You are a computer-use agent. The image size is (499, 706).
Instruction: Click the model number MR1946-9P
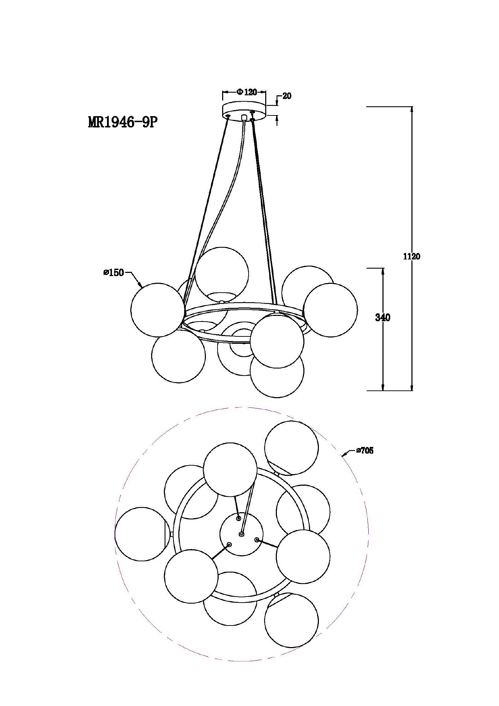pyautogui.click(x=122, y=122)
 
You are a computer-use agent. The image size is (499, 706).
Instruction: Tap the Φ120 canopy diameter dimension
pyautogui.click(x=246, y=92)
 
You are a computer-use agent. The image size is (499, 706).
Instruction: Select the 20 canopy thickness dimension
pyautogui.click(x=287, y=96)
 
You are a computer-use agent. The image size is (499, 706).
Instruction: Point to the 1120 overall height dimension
pyautogui.click(x=411, y=257)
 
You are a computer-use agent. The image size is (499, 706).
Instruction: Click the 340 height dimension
pyautogui.click(x=382, y=318)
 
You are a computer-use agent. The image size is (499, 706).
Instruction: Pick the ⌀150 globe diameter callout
pyautogui.click(x=114, y=273)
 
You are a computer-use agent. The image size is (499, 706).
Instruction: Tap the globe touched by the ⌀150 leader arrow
pyautogui.click(x=158, y=310)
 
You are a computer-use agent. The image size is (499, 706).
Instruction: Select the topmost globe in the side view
pyautogui.click(x=222, y=274)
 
